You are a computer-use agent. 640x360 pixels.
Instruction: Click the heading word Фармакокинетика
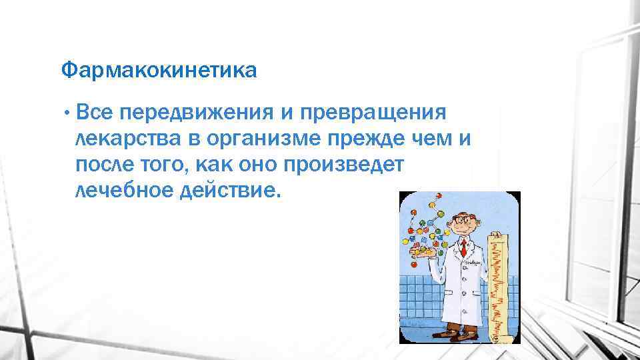[x=158, y=70]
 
